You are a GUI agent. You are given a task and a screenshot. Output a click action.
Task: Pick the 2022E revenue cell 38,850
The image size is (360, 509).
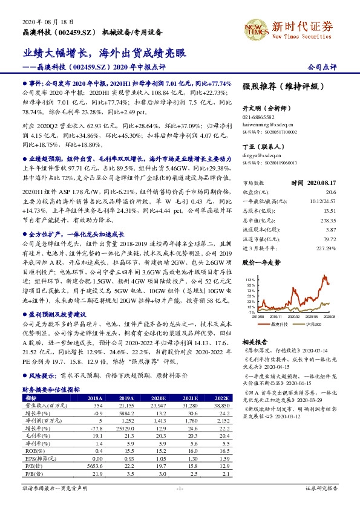220,406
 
